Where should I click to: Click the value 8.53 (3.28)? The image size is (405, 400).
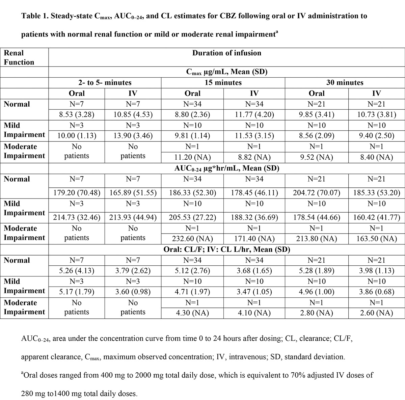coord(77,114)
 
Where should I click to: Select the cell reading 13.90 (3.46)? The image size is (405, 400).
coord(133,136)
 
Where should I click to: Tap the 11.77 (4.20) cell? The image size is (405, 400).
coord(254,114)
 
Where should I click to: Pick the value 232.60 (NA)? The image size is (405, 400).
coord(192,239)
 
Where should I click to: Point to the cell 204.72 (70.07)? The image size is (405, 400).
coord(317,193)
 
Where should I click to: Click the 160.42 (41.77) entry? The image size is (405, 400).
coord(376,217)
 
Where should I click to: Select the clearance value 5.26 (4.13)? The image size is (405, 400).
coord(77,271)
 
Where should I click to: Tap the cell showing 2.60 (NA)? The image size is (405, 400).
coord(376,313)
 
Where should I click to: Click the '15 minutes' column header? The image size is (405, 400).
coord(223,83)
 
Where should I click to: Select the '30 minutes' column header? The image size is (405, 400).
coord(345,83)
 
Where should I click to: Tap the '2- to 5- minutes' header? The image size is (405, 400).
coord(105,83)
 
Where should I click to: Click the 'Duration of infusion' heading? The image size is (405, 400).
coord(226,53)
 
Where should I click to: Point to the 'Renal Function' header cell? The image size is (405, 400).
coord(19,57)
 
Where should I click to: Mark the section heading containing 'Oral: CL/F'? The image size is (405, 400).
coord(226,249)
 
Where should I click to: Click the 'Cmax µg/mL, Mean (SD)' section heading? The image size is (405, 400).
coord(226,72)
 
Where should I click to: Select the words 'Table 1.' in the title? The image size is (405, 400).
coord(35,16)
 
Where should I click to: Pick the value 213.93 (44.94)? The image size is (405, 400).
coord(133,217)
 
